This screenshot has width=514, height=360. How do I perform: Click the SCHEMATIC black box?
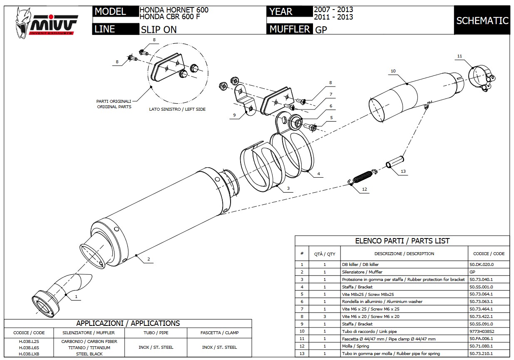[482, 20]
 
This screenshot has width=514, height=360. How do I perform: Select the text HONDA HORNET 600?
[174, 10]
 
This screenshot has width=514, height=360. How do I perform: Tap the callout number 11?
[459, 56]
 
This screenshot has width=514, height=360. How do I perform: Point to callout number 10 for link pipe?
[393, 71]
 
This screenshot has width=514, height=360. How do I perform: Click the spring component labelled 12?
[362, 177]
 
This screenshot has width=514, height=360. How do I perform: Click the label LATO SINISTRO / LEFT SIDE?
[177, 109]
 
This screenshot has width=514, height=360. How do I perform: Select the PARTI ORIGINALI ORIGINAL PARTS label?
[114, 104]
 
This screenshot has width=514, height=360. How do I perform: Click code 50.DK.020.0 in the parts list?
[481, 264]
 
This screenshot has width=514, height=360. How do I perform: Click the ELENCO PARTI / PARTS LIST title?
[402, 241]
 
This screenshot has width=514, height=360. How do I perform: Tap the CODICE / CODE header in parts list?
[489, 253]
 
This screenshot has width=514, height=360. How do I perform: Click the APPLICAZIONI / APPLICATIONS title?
[128, 323]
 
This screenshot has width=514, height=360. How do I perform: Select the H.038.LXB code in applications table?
[29, 354]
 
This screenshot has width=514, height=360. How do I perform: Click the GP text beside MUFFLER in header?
[321, 30]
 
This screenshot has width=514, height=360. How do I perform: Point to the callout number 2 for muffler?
[148, 259]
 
